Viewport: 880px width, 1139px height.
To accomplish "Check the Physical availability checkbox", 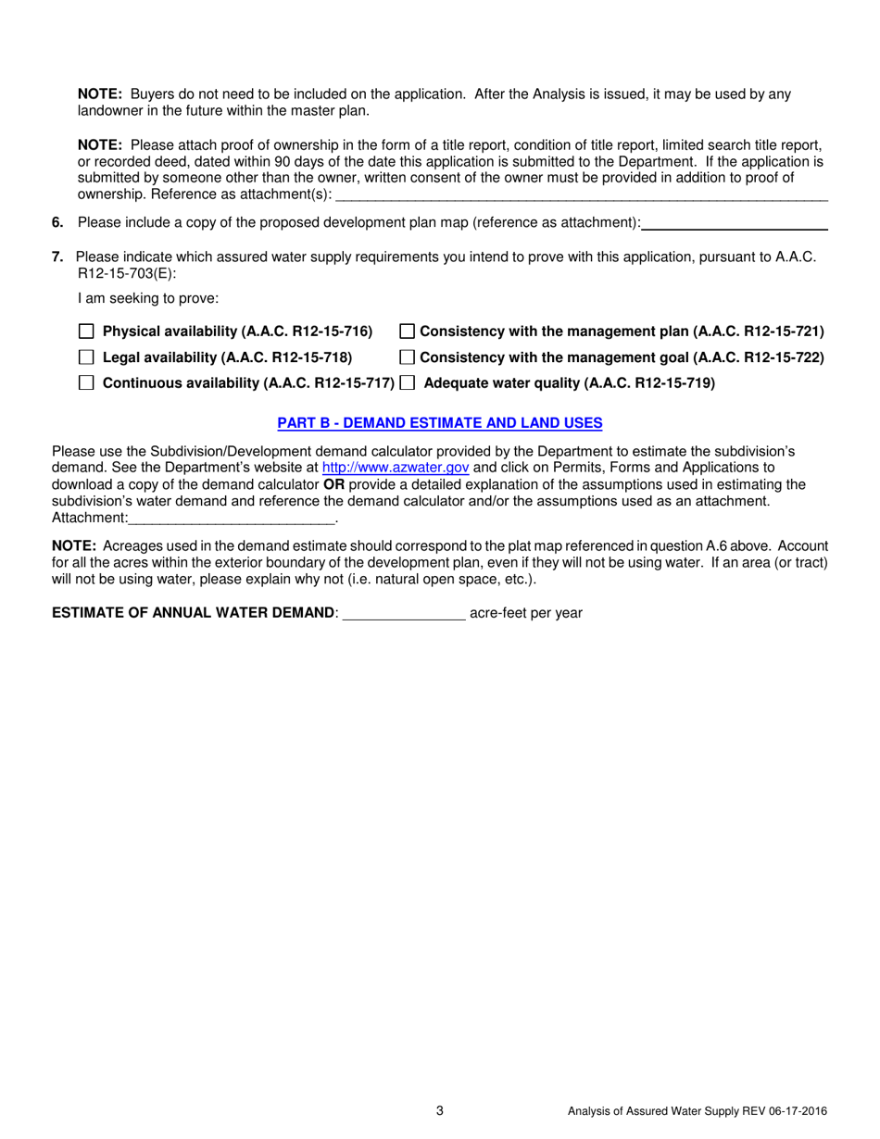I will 87,332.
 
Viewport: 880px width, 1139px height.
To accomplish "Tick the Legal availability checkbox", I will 87,357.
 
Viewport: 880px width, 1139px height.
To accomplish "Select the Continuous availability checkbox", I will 87,383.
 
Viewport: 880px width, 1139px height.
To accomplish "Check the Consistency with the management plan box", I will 407,332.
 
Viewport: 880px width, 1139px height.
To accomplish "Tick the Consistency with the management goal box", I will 407,357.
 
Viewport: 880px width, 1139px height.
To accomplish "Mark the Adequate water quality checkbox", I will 407,383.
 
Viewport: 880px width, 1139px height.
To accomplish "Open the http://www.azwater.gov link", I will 396,469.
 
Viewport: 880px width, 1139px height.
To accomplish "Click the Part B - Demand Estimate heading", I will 440,423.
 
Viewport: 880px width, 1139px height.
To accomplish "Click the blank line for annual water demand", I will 404,613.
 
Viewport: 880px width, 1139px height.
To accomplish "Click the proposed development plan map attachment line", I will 735,223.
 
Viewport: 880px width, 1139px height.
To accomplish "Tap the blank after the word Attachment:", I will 232,518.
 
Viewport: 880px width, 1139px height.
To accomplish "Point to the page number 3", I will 440,1111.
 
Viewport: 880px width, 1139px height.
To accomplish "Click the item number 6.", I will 57,223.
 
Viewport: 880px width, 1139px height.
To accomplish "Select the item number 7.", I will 57,257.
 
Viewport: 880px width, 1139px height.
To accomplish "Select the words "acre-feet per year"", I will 526,613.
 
